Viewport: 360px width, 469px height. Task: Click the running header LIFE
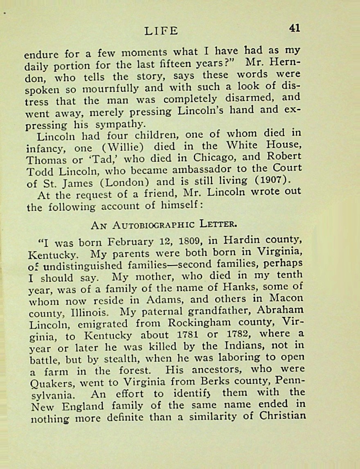(x=162, y=31)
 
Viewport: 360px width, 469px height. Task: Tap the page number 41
(x=295, y=28)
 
